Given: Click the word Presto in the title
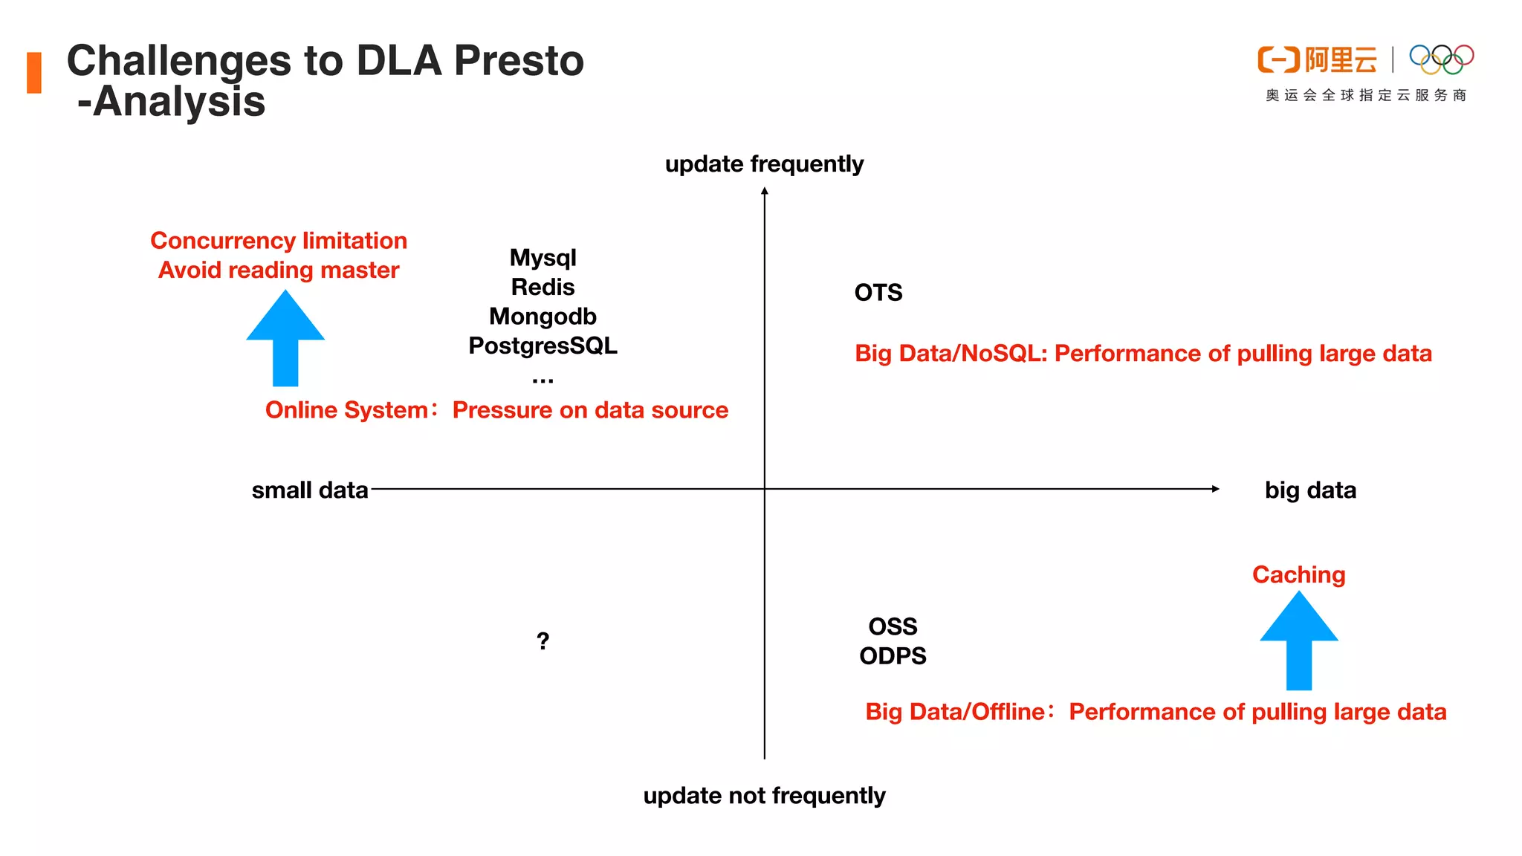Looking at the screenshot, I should pos(519,61).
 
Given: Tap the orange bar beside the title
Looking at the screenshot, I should pos(34,73).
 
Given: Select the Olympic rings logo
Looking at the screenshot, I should pos(1441,59).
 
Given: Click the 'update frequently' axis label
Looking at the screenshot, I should pos(764,163).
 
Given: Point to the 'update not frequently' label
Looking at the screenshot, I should pos(764,796).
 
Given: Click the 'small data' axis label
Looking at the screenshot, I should pos(310,490).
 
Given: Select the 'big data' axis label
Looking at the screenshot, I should pos(1310,490).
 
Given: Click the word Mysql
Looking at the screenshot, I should pos(543,258).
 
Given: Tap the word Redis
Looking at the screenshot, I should pos(543,287).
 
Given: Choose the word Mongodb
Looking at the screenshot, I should pos(543,317).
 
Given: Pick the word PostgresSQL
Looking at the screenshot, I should pos(543,346).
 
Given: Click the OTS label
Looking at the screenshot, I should pos(878,293).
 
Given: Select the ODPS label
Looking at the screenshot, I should pos(893,656).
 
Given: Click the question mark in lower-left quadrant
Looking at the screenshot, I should pos(543,641).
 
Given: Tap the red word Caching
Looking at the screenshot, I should pos(1298,574).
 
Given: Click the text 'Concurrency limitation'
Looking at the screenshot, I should pos(279,241).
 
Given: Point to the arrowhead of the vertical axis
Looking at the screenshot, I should pos(764,191).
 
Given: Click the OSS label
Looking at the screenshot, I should pos(893,626).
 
